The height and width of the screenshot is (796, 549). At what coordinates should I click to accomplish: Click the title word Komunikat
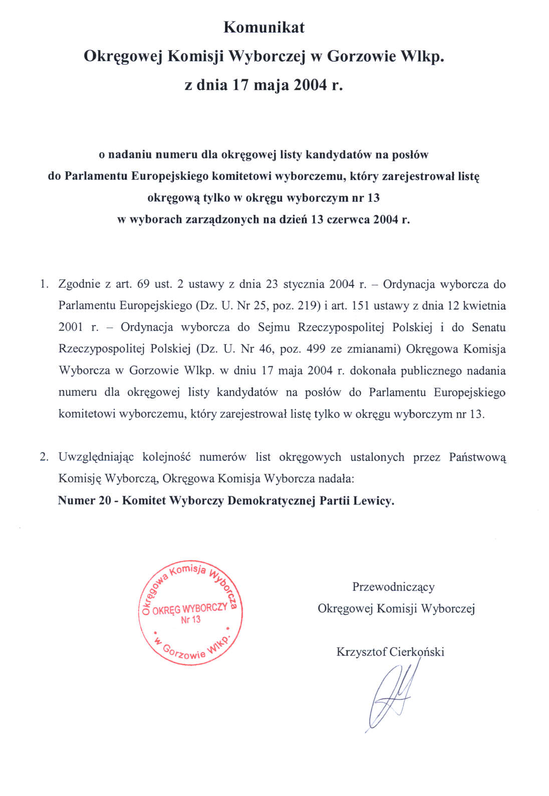point(264,27)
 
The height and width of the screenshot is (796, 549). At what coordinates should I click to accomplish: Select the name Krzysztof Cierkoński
point(390,652)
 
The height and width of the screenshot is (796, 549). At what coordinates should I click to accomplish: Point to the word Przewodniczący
point(393,587)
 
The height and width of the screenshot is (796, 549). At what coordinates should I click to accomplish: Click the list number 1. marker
point(44,285)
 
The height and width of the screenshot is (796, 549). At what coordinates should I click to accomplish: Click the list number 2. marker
point(44,457)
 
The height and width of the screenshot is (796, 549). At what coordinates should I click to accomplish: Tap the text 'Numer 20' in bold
point(84,500)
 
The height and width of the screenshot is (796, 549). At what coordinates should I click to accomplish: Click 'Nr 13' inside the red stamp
point(191,620)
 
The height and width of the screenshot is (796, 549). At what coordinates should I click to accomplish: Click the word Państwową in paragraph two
point(477,457)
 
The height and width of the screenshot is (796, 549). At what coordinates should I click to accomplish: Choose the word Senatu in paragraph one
point(488,328)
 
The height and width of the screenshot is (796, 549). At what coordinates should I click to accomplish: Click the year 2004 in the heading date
point(310,85)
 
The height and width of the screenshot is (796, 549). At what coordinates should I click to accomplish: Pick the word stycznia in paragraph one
point(304,285)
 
